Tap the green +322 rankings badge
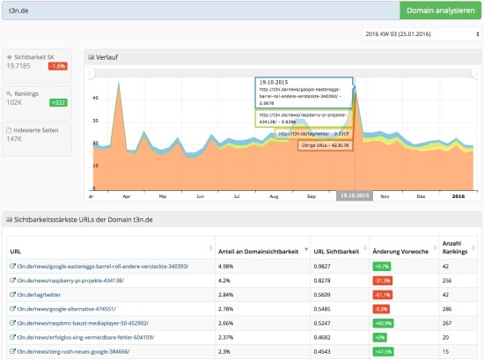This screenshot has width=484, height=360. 59,102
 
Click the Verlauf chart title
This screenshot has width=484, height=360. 108,57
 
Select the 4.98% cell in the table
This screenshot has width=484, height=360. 229,265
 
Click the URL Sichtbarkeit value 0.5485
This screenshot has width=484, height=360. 326,309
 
